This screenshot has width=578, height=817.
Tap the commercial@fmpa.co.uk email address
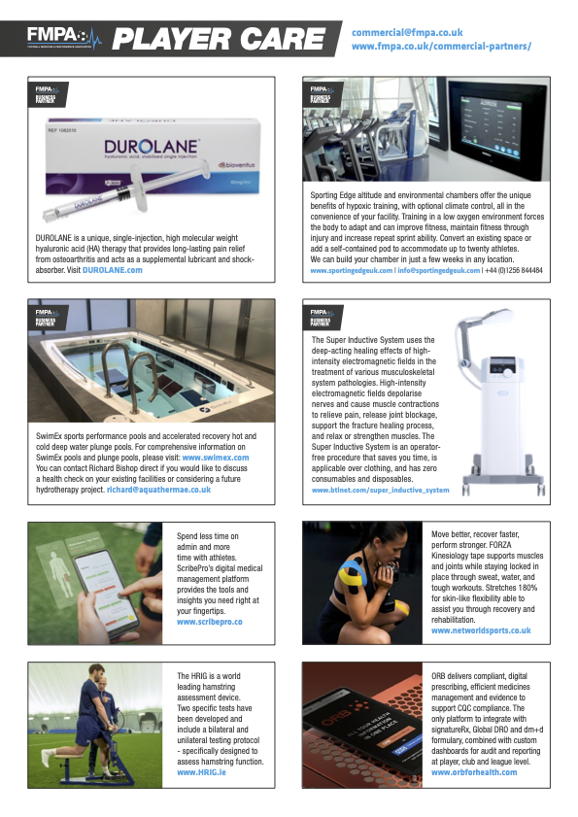pos(407,32)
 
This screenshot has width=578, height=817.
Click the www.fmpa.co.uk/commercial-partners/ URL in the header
pos(441,46)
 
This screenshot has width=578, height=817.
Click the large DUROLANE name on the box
pos(152,148)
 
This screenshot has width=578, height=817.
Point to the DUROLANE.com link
pos(112,270)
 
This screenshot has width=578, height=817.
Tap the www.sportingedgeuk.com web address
pos(351,270)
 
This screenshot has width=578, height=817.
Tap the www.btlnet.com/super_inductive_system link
pos(381,491)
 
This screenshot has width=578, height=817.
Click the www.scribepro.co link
pos(210,621)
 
